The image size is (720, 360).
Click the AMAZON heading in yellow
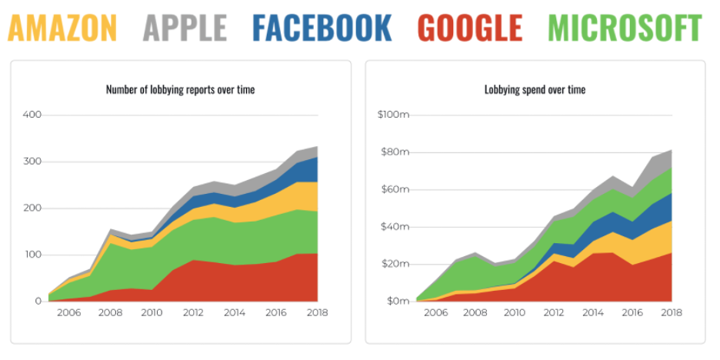coord(62,27)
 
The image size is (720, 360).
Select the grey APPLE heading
coord(185,27)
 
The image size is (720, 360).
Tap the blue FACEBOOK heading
coord(322,27)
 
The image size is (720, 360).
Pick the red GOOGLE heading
coord(468,27)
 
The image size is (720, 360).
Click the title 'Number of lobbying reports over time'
coord(180,90)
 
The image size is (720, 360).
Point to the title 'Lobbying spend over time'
coord(535,90)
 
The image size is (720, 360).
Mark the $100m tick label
coord(392,115)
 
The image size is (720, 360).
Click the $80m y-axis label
coord(395,152)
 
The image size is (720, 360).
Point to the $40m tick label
coord(395,227)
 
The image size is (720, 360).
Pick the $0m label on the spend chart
coord(397,301)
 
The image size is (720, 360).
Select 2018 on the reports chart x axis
coord(318,313)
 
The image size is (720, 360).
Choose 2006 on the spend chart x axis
coord(435,313)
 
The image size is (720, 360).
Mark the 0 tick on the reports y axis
coord(37,301)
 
